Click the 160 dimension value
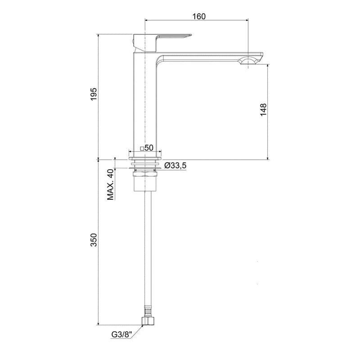coord(199,16)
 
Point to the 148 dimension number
coord(263,110)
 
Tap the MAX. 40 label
coord(110,184)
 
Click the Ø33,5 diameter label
coord(175,166)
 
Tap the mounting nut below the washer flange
coord(145,173)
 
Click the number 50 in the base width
coord(149,148)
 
